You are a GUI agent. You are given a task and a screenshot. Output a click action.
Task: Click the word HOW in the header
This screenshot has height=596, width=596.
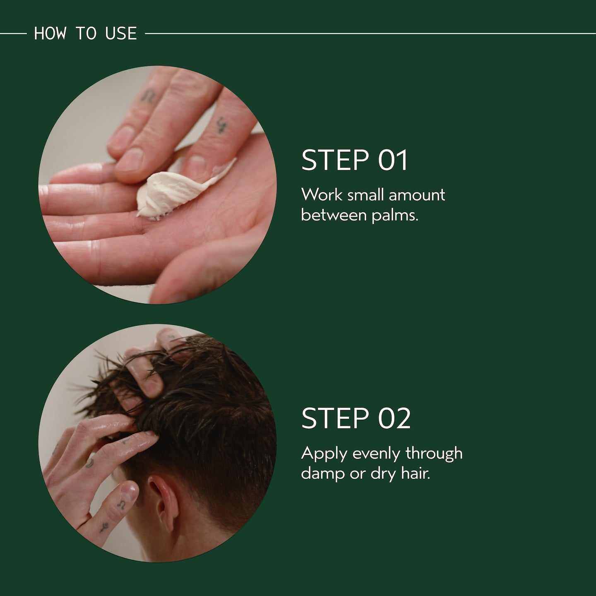point(50,34)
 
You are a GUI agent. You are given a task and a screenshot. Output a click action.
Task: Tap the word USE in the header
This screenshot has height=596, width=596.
point(121,34)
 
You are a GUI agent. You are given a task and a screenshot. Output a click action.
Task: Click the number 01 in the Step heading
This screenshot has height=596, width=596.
point(393,160)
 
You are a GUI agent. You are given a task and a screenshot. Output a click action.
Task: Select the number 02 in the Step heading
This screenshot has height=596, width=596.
point(394,418)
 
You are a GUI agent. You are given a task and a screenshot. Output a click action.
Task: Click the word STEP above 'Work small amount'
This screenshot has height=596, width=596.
point(335,160)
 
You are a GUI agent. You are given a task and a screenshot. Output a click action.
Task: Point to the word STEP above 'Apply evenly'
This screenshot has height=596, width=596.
point(335,418)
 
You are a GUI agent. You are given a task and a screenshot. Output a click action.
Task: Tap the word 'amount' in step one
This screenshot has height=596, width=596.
point(417,195)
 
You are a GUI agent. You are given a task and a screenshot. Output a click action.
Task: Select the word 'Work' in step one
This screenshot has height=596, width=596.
point(322,195)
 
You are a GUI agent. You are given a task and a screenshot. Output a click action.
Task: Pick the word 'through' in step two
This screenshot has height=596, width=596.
point(434,453)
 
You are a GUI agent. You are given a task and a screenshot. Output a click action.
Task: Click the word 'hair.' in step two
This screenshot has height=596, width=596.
point(416,473)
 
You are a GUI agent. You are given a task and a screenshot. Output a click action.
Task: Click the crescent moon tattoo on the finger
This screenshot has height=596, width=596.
point(89,463)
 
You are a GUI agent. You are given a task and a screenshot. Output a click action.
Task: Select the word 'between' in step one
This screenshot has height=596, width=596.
point(334,215)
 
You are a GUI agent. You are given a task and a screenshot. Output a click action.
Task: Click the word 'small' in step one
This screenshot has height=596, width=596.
point(365,195)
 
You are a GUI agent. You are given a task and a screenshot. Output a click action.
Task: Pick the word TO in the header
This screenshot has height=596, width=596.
point(86,34)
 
